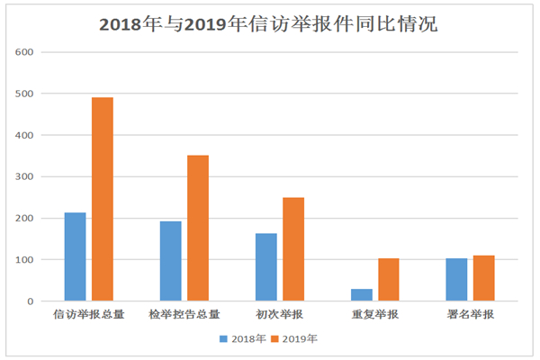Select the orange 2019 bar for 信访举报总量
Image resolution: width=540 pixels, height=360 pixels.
coord(103,199)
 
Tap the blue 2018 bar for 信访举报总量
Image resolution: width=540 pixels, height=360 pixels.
coord(75,256)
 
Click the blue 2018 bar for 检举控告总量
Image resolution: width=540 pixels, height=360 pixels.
coord(171,261)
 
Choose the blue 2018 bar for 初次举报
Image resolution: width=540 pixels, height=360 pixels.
coord(266,267)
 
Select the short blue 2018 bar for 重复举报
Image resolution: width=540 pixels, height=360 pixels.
coord(362,295)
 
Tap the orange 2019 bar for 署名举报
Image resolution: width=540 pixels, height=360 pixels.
coord(484,278)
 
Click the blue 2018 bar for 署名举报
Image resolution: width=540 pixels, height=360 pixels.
coord(457,280)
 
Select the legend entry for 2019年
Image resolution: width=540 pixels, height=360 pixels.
coord(293,339)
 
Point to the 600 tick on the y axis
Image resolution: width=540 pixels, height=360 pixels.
coord(24,52)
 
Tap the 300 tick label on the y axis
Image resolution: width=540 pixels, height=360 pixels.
coord(24,176)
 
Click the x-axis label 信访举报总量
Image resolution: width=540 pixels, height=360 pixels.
coord(88,316)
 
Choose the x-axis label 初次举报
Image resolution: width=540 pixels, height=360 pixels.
coord(280,316)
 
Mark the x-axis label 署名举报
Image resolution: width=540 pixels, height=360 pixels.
coord(471,316)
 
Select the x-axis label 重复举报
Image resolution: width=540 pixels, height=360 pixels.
coord(375,316)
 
